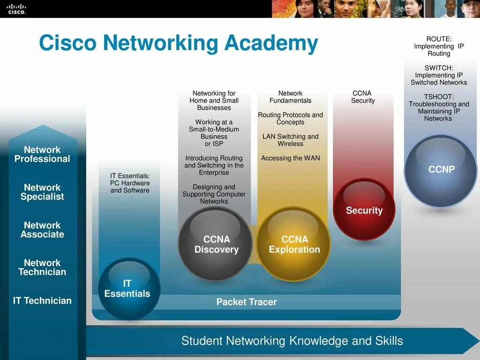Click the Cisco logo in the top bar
click(16, 9)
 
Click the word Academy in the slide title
click(271, 43)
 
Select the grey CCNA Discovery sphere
click(216, 244)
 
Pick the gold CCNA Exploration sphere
click(294, 244)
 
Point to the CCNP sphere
click(441, 170)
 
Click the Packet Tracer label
click(247, 302)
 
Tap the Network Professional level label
click(42, 154)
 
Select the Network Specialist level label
click(42, 192)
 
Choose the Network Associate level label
click(42, 230)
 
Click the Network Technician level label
click(42, 267)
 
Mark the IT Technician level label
click(42, 301)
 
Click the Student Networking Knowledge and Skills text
click(292, 341)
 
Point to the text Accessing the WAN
click(291, 158)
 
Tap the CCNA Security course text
click(363, 97)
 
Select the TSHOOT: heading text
click(439, 97)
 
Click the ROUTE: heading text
click(439, 39)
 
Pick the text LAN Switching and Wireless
click(291, 140)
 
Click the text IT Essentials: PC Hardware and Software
click(130, 183)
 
